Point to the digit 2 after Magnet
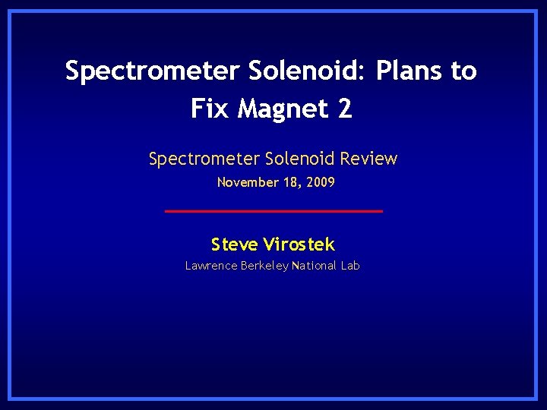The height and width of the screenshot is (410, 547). [345, 109]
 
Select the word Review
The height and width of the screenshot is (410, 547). [369, 159]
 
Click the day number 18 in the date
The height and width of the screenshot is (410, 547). [290, 182]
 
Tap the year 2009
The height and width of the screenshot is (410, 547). [320, 182]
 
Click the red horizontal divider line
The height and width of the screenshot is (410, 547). [273, 210]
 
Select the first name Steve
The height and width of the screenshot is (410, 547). [234, 244]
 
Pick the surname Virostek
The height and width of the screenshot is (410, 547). [299, 244]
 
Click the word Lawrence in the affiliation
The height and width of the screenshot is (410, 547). [210, 266]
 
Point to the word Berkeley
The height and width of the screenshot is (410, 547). [264, 266]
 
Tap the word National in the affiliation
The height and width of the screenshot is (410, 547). [315, 266]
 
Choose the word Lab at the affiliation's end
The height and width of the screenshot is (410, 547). [350, 266]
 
